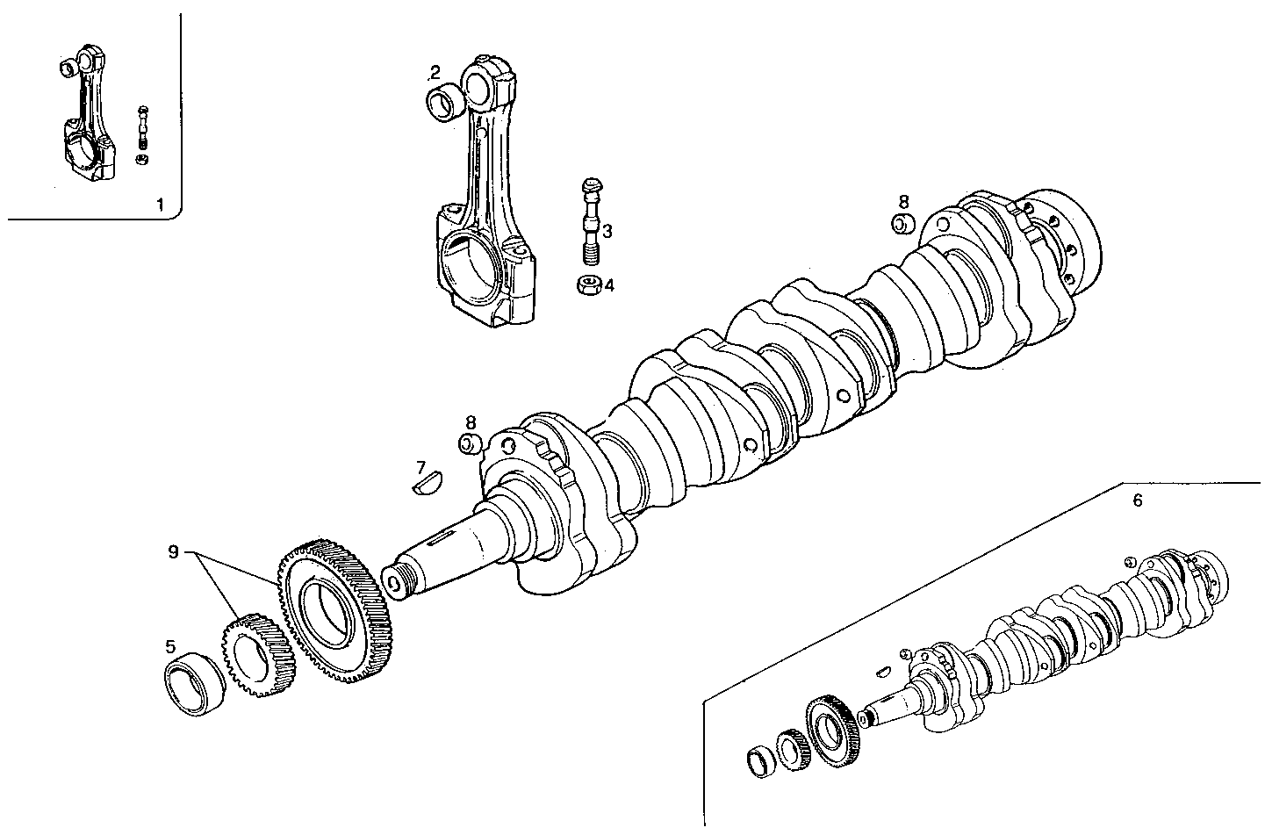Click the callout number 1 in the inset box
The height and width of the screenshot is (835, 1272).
tap(159, 205)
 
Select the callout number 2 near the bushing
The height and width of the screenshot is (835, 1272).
tap(435, 72)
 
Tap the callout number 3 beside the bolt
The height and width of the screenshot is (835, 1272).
tap(607, 231)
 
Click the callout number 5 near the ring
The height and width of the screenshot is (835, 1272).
tap(171, 647)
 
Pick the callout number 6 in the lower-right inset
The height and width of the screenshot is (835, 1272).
tap(1137, 500)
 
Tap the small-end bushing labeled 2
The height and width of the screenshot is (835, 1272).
tap(445, 103)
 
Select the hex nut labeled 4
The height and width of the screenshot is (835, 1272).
tap(588, 285)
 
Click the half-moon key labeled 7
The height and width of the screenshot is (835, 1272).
tap(428, 483)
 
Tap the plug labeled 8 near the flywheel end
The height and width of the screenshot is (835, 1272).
tap(903, 223)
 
